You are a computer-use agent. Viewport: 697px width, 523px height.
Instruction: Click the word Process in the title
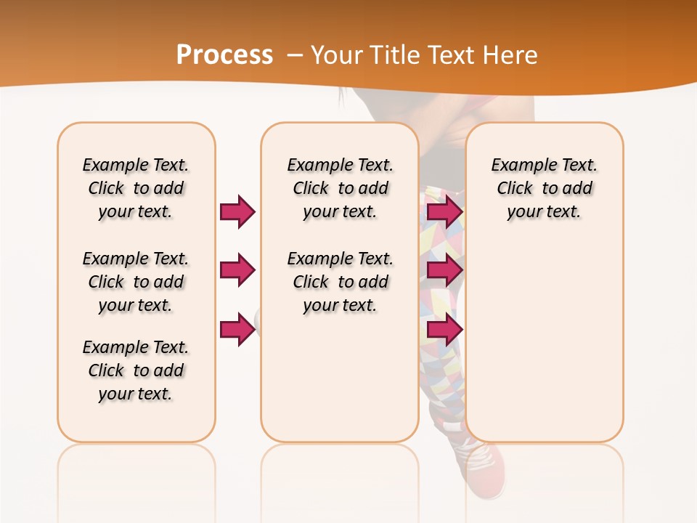point(224,54)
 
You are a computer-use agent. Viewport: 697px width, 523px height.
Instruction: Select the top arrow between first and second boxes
point(237,211)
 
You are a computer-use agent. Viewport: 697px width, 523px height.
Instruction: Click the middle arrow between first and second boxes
point(237,270)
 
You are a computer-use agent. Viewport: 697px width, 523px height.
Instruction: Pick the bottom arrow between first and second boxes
point(237,329)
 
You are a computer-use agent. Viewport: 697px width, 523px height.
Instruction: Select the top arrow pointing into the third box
point(444,211)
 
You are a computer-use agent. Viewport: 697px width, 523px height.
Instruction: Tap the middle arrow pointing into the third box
point(444,270)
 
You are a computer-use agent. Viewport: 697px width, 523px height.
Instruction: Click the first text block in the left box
point(136,188)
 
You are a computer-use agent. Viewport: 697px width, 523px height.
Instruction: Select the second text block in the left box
point(136,282)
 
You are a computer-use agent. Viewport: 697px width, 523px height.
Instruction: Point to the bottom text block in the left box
point(136,370)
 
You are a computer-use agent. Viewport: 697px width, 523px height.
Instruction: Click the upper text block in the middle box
point(340,188)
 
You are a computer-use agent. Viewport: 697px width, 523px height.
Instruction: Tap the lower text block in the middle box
point(340,282)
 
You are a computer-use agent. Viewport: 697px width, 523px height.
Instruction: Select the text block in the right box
point(544,188)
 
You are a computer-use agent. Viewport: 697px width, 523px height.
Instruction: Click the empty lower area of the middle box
point(340,378)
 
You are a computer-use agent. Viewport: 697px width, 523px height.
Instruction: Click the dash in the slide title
point(295,54)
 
